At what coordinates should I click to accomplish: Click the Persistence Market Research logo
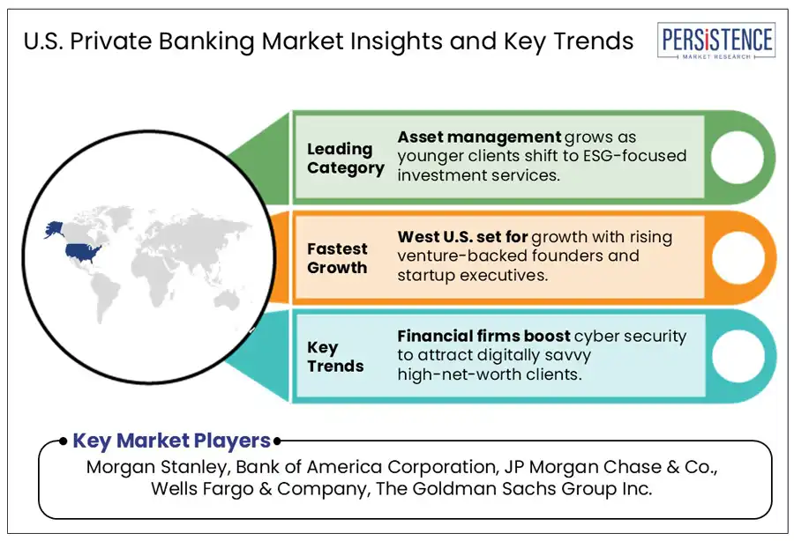tap(715, 42)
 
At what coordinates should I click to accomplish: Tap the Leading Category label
tap(345, 159)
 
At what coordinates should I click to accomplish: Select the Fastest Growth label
tap(338, 258)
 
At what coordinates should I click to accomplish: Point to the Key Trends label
tap(335, 356)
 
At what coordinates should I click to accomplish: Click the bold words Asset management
tap(479, 137)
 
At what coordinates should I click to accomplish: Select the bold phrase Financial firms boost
tap(483, 336)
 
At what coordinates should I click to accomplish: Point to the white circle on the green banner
tap(736, 156)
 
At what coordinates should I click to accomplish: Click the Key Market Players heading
tap(171, 441)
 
